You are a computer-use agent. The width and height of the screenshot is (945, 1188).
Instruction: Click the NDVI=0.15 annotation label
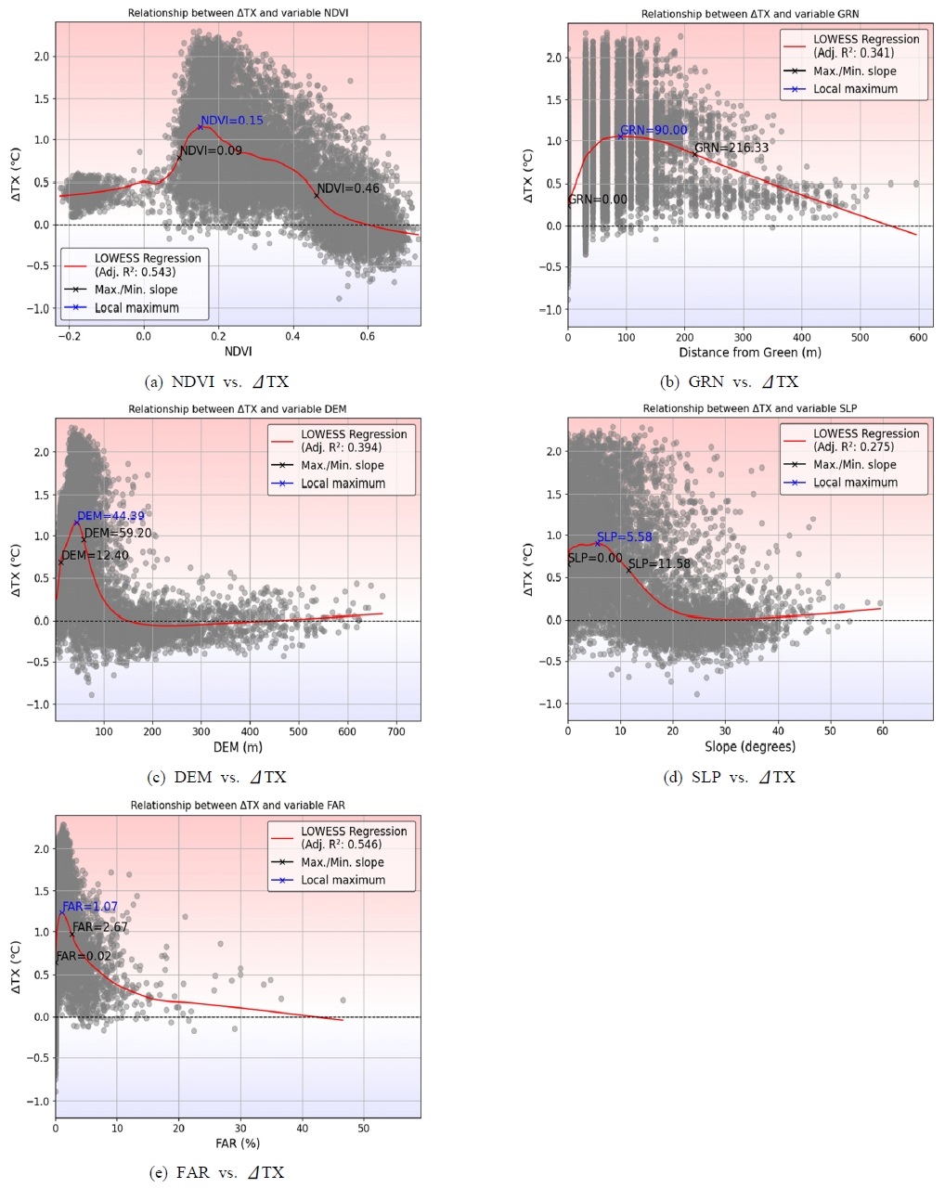(x=232, y=121)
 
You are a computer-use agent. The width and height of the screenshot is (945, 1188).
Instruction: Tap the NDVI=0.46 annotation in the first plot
(x=348, y=188)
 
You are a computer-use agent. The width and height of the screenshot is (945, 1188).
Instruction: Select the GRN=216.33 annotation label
(x=731, y=148)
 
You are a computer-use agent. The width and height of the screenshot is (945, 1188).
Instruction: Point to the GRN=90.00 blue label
(x=654, y=131)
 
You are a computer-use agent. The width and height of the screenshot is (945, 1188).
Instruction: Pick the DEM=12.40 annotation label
(x=95, y=555)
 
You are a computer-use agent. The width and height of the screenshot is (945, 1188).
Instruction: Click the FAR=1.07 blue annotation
(x=90, y=907)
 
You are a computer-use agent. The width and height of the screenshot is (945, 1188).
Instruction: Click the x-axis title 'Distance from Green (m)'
(x=750, y=352)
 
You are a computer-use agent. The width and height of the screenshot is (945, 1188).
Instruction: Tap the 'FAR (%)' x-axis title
(x=238, y=1143)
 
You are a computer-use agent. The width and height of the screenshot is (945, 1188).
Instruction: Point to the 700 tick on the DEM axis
(x=396, y=731)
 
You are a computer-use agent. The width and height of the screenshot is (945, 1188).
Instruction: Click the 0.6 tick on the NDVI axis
(x=368, y=335)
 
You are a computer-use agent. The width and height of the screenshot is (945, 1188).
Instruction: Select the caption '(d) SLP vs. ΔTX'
(x=729, y=778)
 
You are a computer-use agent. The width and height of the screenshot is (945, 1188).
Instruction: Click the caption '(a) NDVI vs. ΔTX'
(x=218, y=381)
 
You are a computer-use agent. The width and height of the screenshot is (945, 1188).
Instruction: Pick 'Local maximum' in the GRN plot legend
(x=855, y=89)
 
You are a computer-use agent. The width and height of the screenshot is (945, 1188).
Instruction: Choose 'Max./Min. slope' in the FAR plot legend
(x=342, y=862)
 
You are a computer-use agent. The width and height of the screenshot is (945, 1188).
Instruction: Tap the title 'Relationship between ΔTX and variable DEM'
(x=238, y=409)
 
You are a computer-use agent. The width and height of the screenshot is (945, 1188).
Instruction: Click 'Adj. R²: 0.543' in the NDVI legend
(x=136, y=272)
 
